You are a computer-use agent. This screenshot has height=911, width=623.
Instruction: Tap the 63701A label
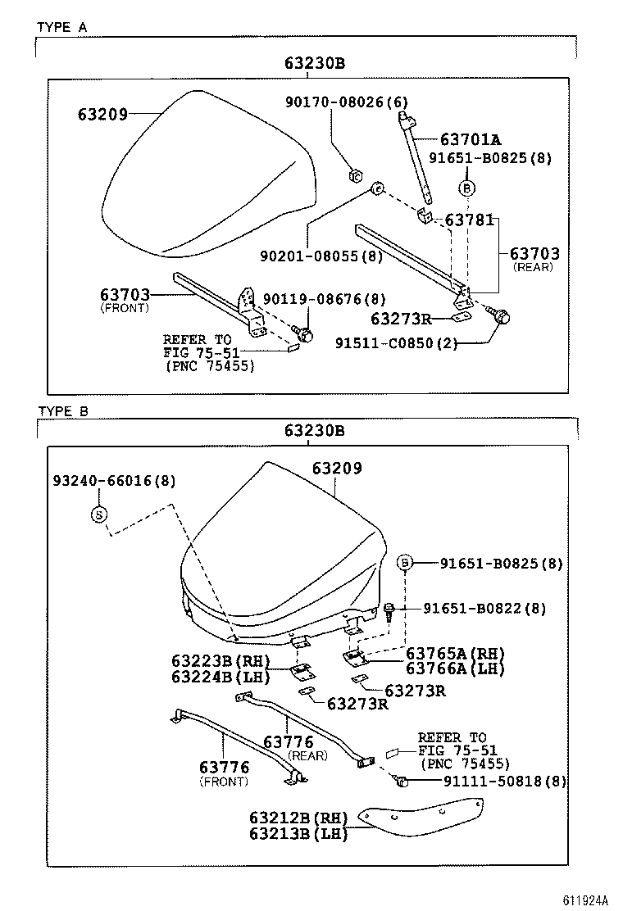(471, 139)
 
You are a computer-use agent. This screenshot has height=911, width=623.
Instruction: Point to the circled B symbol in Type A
(466, 188)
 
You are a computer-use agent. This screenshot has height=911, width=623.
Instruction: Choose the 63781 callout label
(469, 220)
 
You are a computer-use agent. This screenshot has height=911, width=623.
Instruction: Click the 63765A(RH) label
(455, 653)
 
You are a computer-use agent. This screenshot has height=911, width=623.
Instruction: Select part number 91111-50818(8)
(493, 782)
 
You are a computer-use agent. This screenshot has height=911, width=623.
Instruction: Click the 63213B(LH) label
(298, 834)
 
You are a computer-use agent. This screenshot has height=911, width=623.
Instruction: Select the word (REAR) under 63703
(533, 267)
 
